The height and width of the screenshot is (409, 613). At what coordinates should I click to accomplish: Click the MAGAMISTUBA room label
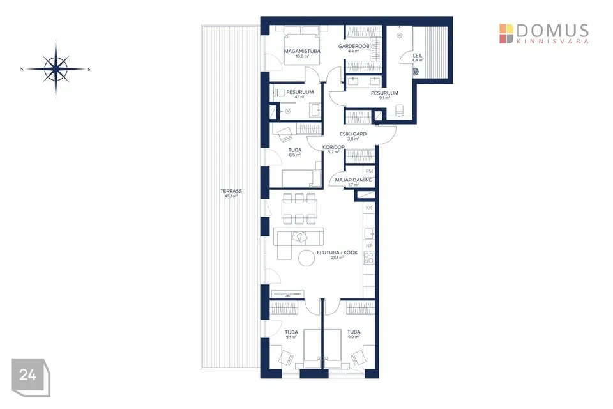302,51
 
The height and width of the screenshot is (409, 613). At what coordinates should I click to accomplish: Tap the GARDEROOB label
354,46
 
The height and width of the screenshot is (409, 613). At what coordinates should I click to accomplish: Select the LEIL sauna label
418,56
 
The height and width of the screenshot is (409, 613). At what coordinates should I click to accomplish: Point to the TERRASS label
231,191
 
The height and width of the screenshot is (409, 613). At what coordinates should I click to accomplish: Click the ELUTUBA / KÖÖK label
337,253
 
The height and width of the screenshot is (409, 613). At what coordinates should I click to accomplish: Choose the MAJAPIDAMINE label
353,180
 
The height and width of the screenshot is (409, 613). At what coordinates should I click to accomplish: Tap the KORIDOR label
333,148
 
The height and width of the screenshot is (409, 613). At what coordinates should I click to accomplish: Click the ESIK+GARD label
353,134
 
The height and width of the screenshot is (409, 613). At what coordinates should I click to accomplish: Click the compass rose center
56,69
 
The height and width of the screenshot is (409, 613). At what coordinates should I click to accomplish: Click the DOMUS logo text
552,31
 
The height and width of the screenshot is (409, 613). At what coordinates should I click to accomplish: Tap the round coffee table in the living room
306,258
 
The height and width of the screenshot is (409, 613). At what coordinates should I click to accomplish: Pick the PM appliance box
369,171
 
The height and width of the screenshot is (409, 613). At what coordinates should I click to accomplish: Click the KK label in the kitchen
369,208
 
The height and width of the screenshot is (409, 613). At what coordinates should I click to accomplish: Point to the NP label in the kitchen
369,246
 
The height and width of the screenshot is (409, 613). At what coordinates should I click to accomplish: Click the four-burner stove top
369,258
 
